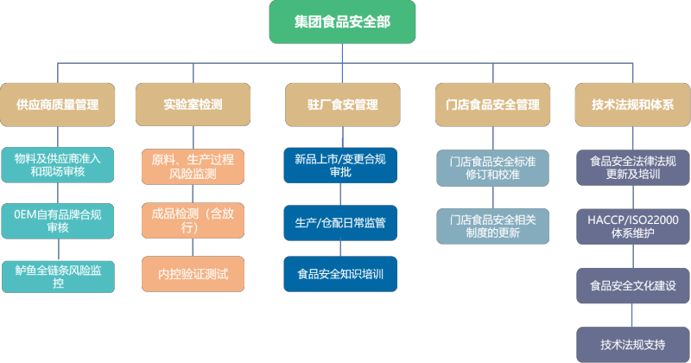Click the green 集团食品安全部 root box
coord(342,22)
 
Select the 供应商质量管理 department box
coord(57,105)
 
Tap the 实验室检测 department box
coord(193,105)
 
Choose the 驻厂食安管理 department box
coord(342,105)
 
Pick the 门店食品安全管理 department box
coord(492,105)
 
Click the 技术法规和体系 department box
coord(632,105)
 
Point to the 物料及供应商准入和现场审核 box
coord(57,165)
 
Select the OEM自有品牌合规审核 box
coord(57,220)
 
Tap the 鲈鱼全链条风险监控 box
coord(57,275)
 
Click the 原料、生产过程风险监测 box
coord(193,166)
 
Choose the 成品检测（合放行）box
coord(193,220)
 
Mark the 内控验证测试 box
coord(193,274)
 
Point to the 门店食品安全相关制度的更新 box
coord(492,226)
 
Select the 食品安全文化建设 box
coord(632,285)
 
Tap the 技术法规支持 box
coord(632,344)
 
